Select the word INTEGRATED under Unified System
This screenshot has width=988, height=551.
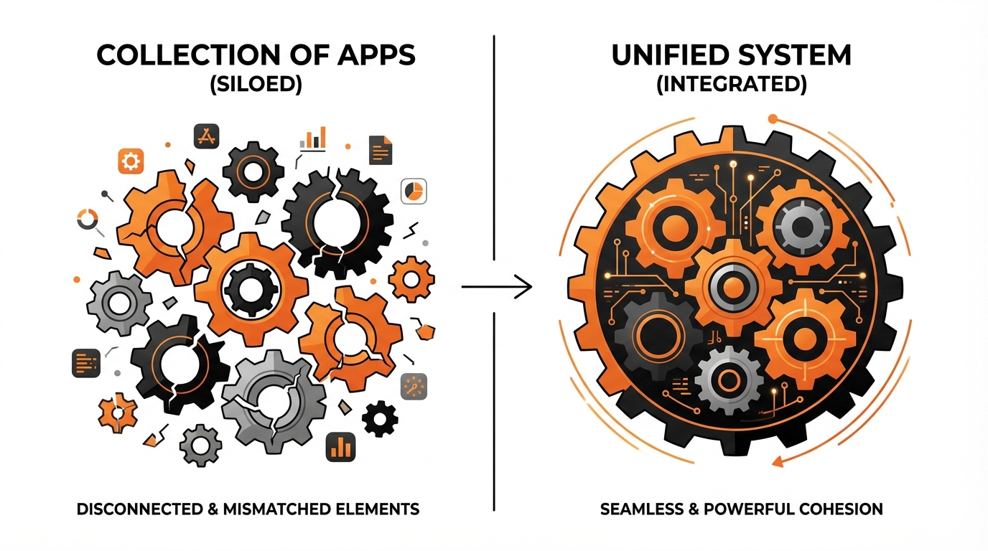pos(732,85)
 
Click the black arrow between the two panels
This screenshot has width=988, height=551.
pos(497,288)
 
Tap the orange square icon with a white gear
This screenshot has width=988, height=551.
pos(131,161)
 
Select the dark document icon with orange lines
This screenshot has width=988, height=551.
pos(381,149)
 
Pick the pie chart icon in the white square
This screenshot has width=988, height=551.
pos(414,191)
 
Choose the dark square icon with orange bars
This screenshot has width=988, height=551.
pos(340,446)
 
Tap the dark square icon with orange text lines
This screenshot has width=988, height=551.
pos(85,363)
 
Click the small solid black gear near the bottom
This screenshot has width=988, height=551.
pos(380,419)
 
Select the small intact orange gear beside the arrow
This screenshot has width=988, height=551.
pos(411,279)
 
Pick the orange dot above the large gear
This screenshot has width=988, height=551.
pos(773,118)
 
